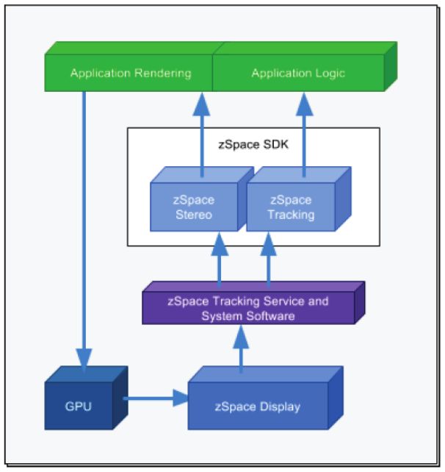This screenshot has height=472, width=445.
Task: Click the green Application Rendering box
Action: tap(130, 74)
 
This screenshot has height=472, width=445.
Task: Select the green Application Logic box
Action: tap(297, 74)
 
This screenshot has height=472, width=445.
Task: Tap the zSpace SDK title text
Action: tap(253, 144)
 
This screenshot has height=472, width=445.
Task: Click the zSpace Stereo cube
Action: tap(194, 207)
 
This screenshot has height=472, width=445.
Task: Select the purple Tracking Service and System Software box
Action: tap(248, 308)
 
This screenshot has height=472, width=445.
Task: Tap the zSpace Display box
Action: tap(257, 406)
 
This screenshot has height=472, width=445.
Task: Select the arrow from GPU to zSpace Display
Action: tap(154, 399)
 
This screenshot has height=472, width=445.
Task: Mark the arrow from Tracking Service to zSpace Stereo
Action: tap(218, 261)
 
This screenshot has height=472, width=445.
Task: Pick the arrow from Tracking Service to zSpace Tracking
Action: tap(268, 261)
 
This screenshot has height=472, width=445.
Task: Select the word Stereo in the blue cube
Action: tap(194, 215)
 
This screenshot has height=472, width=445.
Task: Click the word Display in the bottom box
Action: tap(278, 407)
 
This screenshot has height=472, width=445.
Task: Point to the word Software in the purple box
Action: tap(272, 316)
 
